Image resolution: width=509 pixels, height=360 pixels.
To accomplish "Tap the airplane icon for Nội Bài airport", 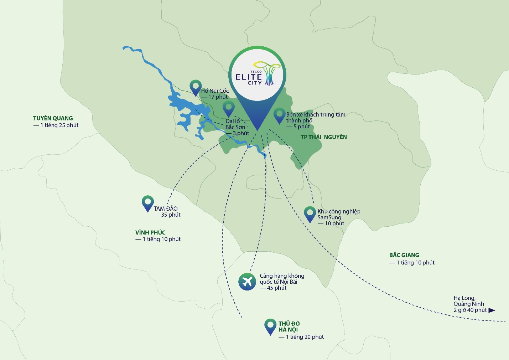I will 247,282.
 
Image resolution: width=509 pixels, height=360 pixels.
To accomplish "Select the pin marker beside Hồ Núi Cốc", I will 196,87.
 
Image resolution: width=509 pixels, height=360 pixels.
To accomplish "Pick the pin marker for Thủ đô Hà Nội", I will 271,325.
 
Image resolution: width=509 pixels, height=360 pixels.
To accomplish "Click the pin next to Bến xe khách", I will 279,115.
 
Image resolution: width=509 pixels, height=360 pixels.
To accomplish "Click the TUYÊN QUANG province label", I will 53,118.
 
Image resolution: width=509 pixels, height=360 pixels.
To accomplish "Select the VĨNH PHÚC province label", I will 150,232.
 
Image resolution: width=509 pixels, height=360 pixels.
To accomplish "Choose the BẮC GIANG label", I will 404,255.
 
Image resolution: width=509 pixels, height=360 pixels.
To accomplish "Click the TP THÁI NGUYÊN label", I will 323,137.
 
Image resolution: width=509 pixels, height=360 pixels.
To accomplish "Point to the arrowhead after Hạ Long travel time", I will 492,310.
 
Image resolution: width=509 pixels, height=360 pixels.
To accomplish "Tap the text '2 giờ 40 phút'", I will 470,310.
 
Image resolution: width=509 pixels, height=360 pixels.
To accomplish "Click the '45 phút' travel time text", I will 276,288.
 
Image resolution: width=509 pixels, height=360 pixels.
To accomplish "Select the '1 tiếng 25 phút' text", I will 59,125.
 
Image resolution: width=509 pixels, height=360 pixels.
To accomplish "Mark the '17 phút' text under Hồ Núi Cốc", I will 218,97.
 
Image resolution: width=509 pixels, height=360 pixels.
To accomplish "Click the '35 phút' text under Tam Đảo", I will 171,215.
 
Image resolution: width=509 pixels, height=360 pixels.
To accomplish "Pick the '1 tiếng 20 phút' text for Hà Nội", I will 305,337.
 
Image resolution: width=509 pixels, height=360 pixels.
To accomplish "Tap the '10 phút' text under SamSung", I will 334,223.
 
